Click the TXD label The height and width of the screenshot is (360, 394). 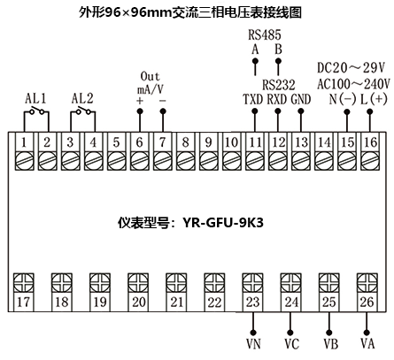[253, 99]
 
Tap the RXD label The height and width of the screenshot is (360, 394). [277, 99]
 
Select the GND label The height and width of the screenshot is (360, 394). [301, 99]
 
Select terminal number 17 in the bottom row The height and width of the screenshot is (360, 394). [24, 302]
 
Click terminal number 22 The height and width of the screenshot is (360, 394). [214, 302]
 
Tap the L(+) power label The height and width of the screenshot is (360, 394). [370, 99]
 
